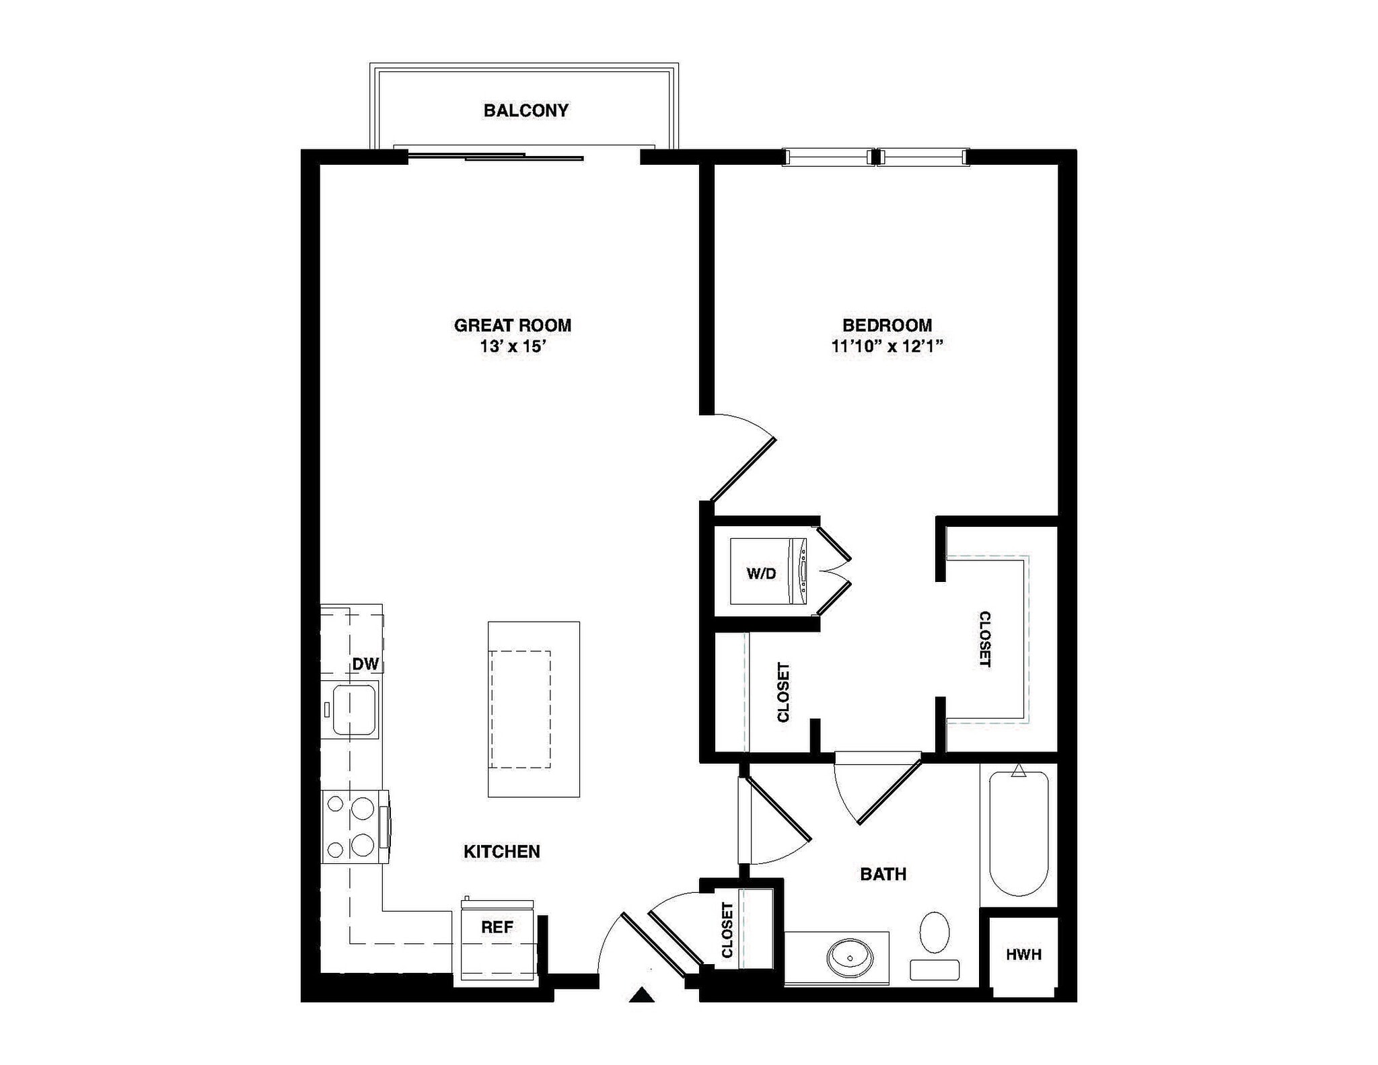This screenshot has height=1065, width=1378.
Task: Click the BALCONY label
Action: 525,110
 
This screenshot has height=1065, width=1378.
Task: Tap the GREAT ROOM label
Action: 512,326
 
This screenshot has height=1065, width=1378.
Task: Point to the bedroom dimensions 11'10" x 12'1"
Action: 887,347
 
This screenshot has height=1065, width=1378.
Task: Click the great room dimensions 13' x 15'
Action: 512,347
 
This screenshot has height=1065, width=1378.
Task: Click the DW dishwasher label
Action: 365,664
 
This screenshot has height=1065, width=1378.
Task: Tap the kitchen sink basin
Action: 354,709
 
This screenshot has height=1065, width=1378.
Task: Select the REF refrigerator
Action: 497,942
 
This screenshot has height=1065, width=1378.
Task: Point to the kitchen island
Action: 534,709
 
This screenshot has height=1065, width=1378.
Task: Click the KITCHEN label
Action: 502,852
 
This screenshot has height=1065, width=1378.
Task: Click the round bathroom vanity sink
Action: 850,955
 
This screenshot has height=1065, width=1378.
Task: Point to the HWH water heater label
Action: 1023,954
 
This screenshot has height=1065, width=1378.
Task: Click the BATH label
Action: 883,875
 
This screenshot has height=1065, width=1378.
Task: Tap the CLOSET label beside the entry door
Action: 727,930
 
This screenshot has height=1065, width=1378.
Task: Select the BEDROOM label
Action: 887,326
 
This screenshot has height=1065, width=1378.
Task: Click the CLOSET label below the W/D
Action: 783,692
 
